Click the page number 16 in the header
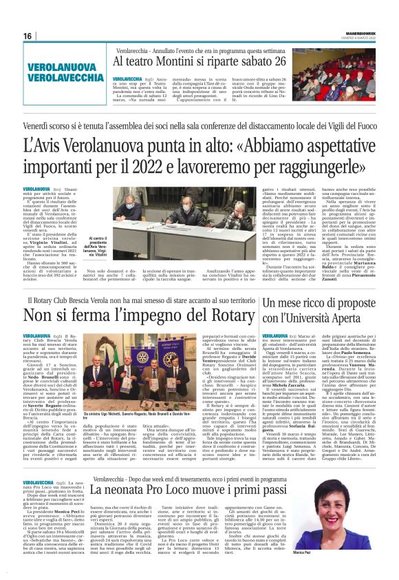(x=28, y=35)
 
